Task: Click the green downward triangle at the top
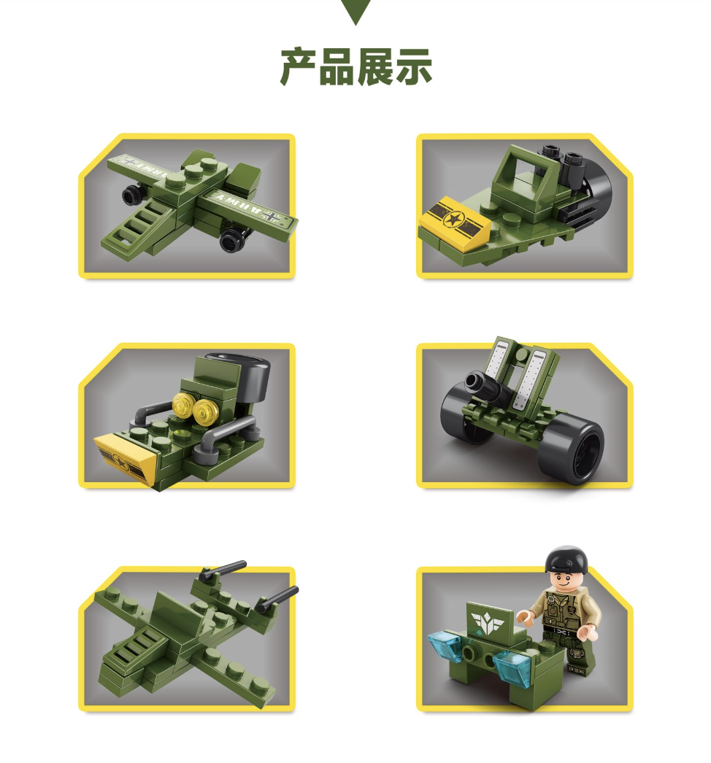click(355, 10)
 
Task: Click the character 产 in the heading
click(299, 68)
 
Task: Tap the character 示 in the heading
click(413, 68)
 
